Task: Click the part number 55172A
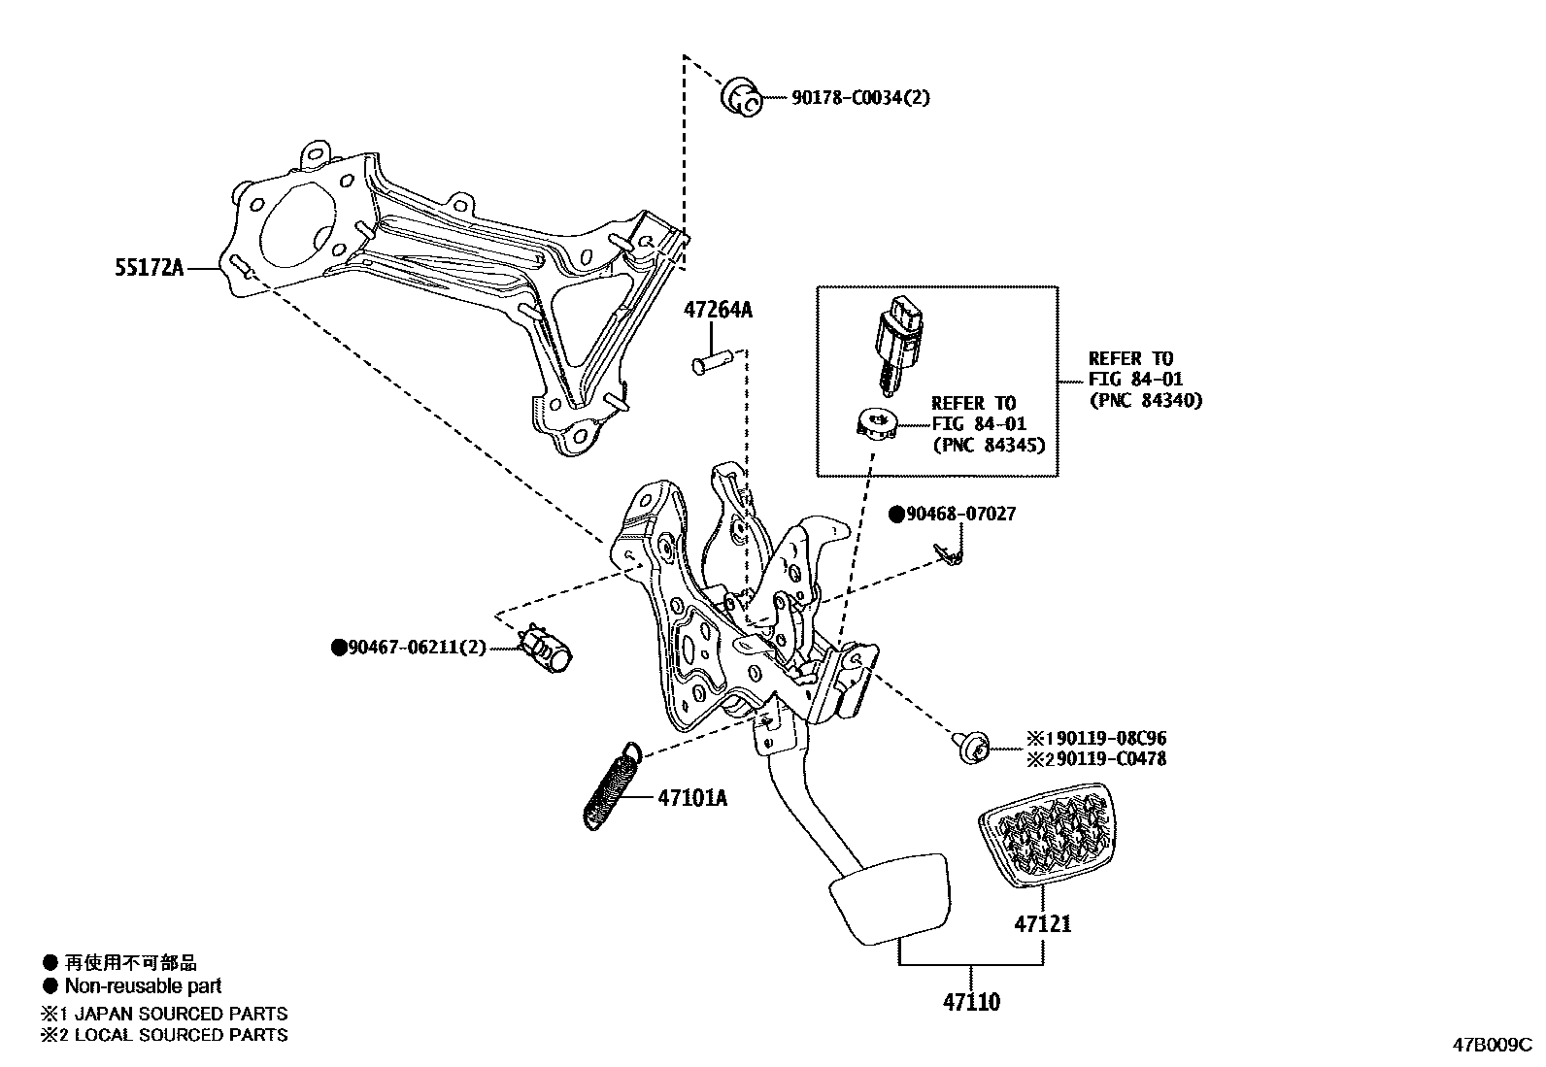(150, 267)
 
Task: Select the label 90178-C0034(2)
(847, 97)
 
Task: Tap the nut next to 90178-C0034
(742, 97)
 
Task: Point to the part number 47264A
(718, 311)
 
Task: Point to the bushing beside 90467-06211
(551, 648)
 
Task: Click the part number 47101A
(691, 798)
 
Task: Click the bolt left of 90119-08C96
(972, 747)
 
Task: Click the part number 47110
(972, 1002)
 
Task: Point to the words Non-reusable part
(143, 986)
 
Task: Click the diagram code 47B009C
(1492, 1046)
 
